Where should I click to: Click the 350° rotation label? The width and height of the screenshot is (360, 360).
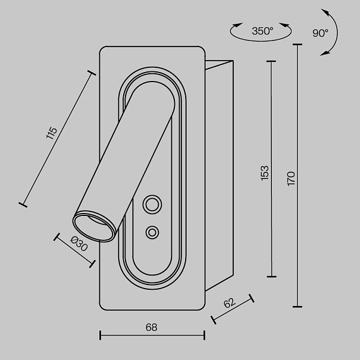pyautogui.click(x=262, y=31)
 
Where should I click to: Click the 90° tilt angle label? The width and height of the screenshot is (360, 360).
pyautogui.click(x=320, y=33)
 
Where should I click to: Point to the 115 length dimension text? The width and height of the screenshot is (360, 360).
pyautogui.click(x=51, y=133)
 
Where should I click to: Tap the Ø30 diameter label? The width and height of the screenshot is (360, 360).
pyautogui.click(x=79, y=243)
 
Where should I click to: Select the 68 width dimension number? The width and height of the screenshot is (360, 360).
pyautogui.click(x=152, y=327)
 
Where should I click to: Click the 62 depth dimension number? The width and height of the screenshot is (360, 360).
pyautogui.click(x=229, y=303)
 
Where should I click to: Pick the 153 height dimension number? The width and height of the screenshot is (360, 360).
pyautogui.click(x=265, y=173)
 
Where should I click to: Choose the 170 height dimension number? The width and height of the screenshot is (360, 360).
pyautogui.click(x=291, y=179)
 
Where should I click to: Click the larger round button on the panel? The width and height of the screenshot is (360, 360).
pyautogui.click(x=152, y=204)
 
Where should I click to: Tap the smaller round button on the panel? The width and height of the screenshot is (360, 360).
pyautogui.click(x=152, y=232)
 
